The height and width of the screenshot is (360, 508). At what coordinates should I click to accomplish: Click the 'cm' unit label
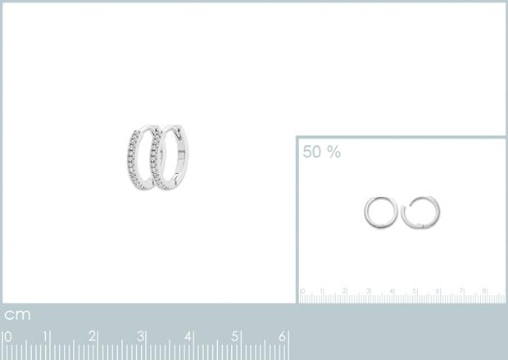click(x=17, y=315)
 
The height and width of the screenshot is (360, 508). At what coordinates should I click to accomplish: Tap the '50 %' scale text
click(x=322, y=152)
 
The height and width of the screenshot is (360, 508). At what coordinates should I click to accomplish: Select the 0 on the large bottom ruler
click(x=8, y=337)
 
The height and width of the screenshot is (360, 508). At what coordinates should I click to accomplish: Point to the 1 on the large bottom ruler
click(x=45, y=337)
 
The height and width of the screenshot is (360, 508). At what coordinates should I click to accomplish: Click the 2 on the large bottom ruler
click(x=93, y=337)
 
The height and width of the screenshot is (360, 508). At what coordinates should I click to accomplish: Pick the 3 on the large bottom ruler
click(x=140, y=337)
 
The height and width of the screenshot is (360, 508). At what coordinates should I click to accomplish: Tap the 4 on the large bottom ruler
click(x=188, y=337)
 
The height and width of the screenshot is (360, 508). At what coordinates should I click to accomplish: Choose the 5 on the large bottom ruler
click(x=235, y=337)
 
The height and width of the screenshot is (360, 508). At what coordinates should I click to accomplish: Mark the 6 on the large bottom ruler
click(x=283, y=337)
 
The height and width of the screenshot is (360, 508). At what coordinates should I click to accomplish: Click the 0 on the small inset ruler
click(x=302, y=291)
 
